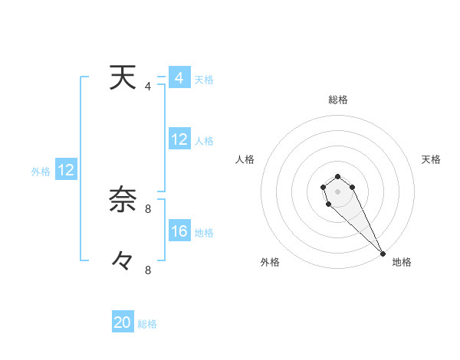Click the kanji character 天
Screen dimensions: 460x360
click(x=118, y=78)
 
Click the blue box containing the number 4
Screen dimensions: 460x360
click(x=179, y=78)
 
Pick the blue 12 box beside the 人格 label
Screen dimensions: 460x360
click(x=179, y=139)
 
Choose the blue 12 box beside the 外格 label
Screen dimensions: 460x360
click(x=66, y=171)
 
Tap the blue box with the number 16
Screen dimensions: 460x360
click(x=179, y=231)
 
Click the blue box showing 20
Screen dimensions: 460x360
click(x=123, y=322)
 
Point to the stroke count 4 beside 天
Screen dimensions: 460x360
click(x=148, y=87)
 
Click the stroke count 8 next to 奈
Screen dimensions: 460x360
click(x=148, y=208)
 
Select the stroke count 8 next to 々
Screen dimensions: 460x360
click(x=148, y=270)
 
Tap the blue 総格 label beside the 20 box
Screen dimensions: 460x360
click(x=147, y=324)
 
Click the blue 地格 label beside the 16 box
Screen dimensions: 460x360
click(x=204, y=233)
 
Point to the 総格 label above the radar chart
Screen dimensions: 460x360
click(x=338, y=100)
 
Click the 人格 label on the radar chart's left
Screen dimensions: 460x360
click(x=245, y=159)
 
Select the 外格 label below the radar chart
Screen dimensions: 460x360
click(x=270, y=262)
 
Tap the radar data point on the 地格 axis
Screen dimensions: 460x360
click(x=383, y=254)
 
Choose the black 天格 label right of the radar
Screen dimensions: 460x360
click(x=431, y=159)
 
